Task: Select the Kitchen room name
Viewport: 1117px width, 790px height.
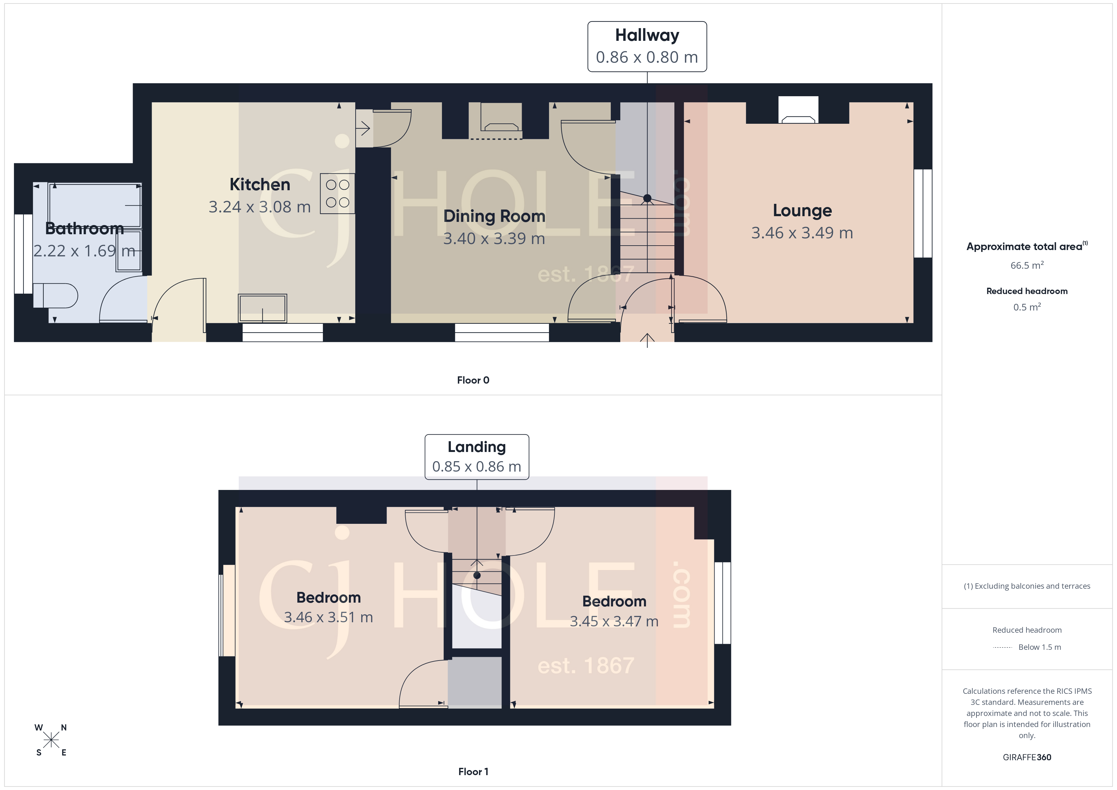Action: point(260,185)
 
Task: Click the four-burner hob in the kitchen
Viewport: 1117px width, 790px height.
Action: point(337,193)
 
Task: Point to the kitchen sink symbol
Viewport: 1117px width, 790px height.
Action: point(262,308)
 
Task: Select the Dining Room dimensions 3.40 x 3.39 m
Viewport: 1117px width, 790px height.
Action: point(494,238)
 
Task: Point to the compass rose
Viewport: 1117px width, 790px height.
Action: point(51,740)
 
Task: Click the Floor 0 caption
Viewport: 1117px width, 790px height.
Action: point(473,380)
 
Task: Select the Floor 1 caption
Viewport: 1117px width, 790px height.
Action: point(473,772)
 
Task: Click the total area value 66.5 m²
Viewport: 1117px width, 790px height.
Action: point(1026,265)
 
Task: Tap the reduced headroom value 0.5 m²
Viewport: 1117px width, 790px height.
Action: point(1026,307)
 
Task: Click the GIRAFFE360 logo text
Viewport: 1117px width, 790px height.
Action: point(1026,757)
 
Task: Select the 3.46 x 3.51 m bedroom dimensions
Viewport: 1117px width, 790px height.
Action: point(328,617)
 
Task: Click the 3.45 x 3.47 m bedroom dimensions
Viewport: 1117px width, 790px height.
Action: point(614,621)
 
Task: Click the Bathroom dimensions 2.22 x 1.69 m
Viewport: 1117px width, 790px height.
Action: point(84,251)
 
